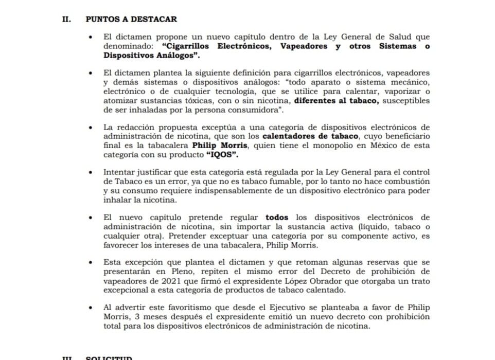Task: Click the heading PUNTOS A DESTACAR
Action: pyautogui.click(x=131, y=19)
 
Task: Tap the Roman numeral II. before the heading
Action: pyautogui.click(x=66, y=19)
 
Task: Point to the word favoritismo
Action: pyautogui.click(x=163, y=308)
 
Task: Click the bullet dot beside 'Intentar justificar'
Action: pyautogui.click(x=91, y=173)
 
